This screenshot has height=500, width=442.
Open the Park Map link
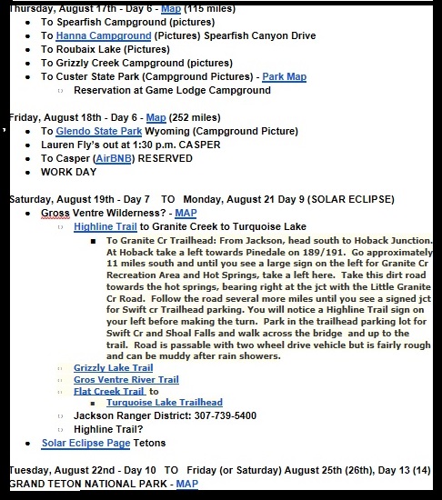pyautogui.click(x=285, y=77)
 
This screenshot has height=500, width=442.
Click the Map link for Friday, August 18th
pyautogui.click(x=156, y=117)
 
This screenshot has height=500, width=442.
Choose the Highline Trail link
pyautogui.click(x=105, y=226)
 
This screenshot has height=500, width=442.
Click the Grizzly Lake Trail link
pyautogui.click(x=112, y=368)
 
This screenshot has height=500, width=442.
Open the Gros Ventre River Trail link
pyautogui.click(x=126, y=380)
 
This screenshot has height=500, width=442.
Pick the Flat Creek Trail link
pyautogui.click(x=109, y=392)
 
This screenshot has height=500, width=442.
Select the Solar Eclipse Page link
pyautogui.click(x=85, y=444)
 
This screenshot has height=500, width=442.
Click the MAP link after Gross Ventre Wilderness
pyautogui.click(x=186, y=213)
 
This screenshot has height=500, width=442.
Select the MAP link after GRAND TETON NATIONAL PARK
pyautogui.click(x=186, y=485)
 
